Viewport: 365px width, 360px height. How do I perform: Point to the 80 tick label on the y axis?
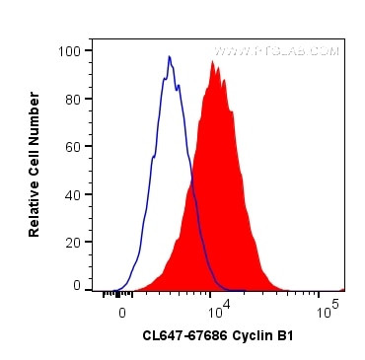point(71,98)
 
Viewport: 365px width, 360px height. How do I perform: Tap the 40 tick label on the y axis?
point(71,192)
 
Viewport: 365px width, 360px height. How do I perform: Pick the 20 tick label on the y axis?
point(71,240)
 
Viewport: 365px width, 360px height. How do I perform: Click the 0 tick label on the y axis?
point(75,286)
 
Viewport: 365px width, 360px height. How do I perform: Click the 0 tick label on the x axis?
point(122,311)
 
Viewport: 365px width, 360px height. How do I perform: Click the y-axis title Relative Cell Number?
point(35,165)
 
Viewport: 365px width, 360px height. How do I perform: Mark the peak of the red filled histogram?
point(212,62)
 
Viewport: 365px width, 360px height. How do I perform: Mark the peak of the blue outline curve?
point(169,56)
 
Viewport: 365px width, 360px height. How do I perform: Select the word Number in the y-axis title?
point(35,116)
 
